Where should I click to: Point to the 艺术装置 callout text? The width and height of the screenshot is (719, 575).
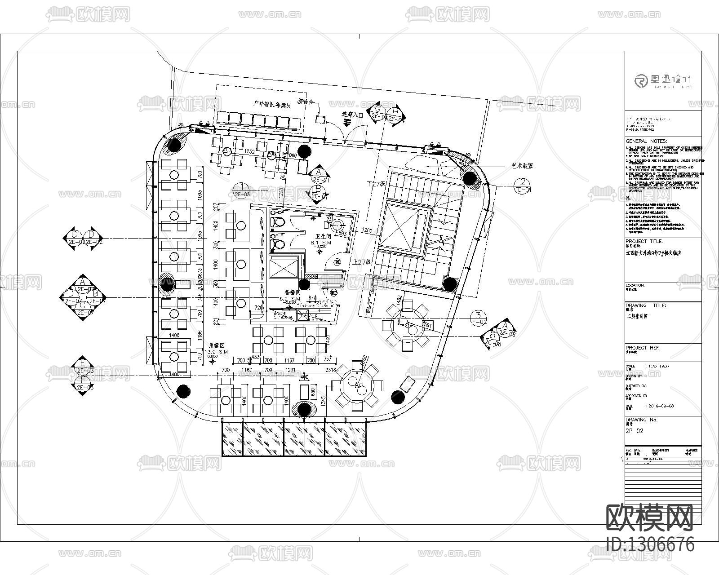pyautogui.click(x=522, y=166)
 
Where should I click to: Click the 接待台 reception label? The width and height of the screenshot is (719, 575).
pyautogui.click(x=306, y=102)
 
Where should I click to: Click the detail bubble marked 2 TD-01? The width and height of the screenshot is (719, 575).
pyautogui.click(x=523, y=185)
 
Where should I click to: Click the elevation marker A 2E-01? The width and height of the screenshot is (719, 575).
pyautogui.click(x=318, y=176)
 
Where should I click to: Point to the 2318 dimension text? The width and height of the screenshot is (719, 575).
pyautogui.click(x=331, y=370)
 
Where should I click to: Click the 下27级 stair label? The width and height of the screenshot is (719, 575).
pyautogui.click(x=377, y=184)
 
